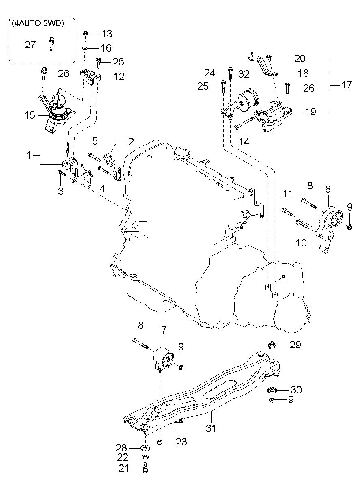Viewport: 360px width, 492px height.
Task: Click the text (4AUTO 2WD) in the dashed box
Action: click(x=38, y=24)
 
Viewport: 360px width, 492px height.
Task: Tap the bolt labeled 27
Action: click(x=51, y=44)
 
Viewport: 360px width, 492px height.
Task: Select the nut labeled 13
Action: click(x=86, y=34)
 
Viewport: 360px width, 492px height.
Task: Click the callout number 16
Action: click(x=106, y=48)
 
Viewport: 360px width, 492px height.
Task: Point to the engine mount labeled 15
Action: click(x=55, y=112)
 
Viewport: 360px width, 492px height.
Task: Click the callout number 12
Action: click(x=119, y=76)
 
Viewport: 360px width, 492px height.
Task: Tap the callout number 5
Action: click(x=95, y=141)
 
